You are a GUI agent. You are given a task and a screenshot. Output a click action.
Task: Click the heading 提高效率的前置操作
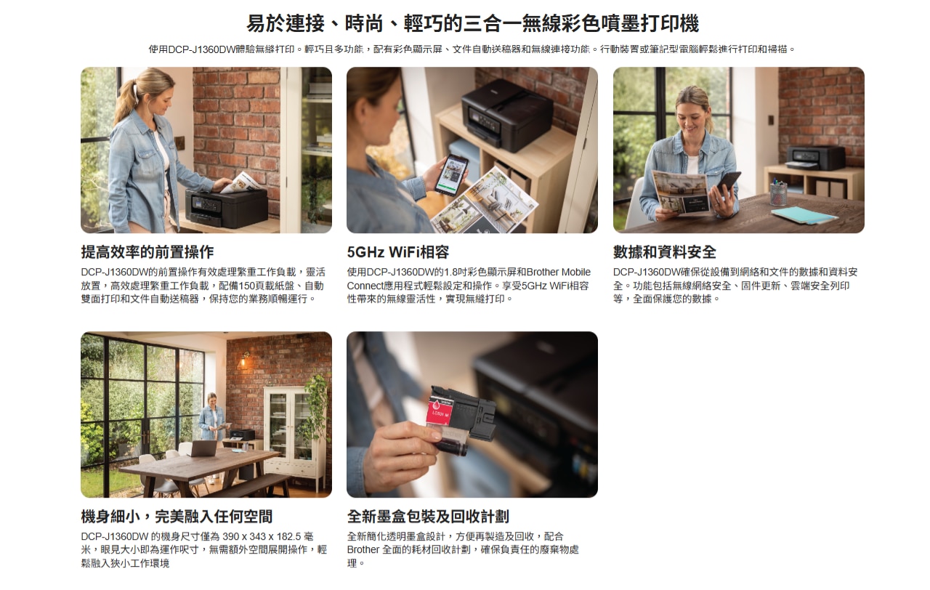click(x=147, y=252)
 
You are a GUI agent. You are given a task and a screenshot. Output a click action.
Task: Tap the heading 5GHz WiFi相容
click(x=398, y=252)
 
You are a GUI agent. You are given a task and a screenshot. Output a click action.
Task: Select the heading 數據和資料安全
click(x=665, y=252)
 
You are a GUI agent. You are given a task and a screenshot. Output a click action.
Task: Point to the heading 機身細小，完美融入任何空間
click(x=177, y=517)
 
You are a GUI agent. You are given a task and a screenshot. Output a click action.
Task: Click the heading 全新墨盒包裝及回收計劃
click(x=428, y=517)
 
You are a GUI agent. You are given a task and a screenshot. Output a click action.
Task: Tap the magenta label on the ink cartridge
click(x=439, y=411)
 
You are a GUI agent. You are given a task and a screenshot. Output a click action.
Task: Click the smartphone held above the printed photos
click(x=451, y=174)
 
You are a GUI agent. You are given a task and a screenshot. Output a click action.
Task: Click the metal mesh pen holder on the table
click(x=778, y=193)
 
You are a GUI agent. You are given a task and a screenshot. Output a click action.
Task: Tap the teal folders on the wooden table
click(x=804, y=215)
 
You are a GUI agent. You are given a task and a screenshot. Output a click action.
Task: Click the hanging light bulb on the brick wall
click(x=243, y=360)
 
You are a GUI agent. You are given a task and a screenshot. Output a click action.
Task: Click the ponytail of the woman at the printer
click(x=124, y=99)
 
